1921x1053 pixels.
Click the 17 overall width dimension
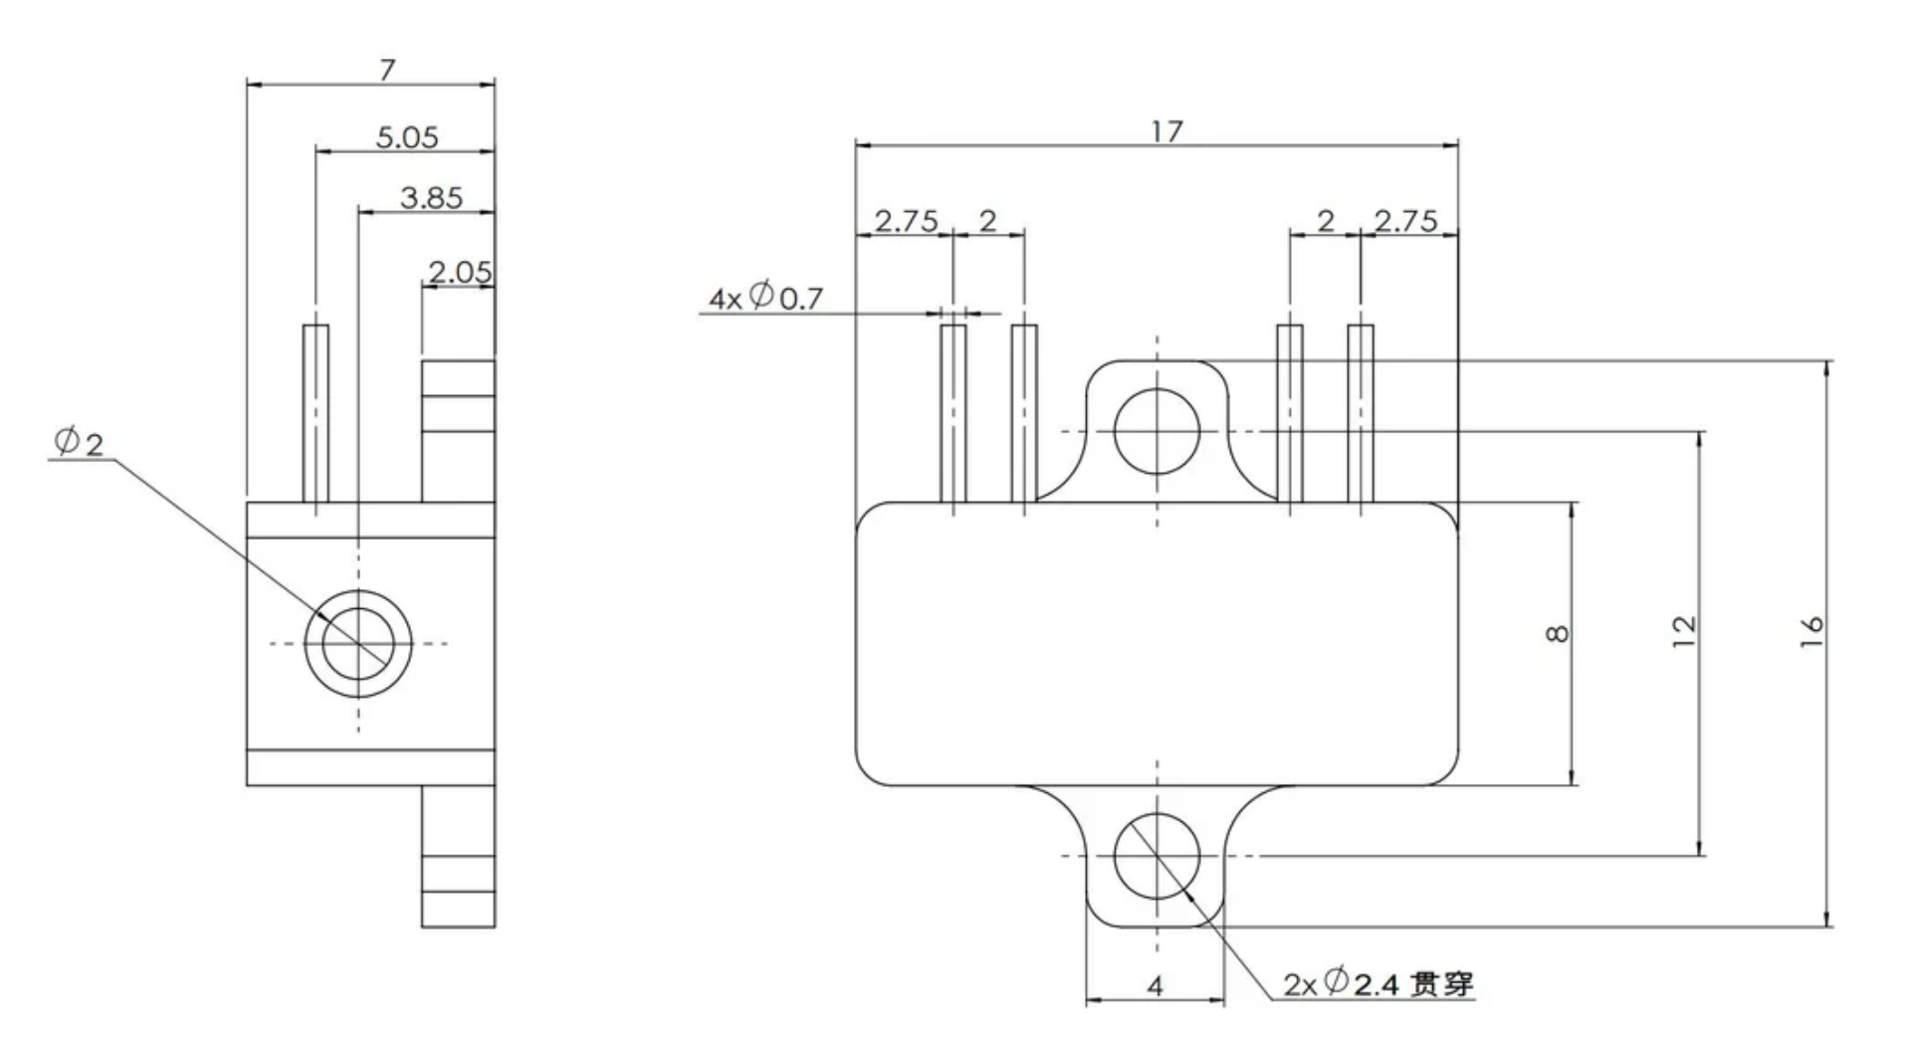point(1167,131)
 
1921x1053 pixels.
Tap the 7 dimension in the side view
point(387,70)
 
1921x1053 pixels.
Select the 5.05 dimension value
point(406,137)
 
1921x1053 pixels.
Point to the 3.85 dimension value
point(431,198)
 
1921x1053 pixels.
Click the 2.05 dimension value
point(459,272)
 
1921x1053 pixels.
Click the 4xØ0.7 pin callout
point(765,297)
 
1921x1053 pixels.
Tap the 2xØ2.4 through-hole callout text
point(1378,984)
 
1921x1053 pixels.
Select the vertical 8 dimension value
point(1559,633)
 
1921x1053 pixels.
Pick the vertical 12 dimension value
point(1683,630)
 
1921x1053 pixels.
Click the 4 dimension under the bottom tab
point(1155,986)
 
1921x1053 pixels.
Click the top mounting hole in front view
point(1157,431)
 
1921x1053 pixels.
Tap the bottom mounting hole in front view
point(1157,856)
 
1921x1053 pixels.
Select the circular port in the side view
point(358,643)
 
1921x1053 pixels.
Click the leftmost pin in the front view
point(954,413)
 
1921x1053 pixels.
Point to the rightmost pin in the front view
point(1361,413)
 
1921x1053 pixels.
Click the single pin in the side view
point(316,413)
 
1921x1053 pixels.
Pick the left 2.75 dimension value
point(905,221)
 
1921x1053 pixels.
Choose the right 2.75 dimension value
point(1404,221)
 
